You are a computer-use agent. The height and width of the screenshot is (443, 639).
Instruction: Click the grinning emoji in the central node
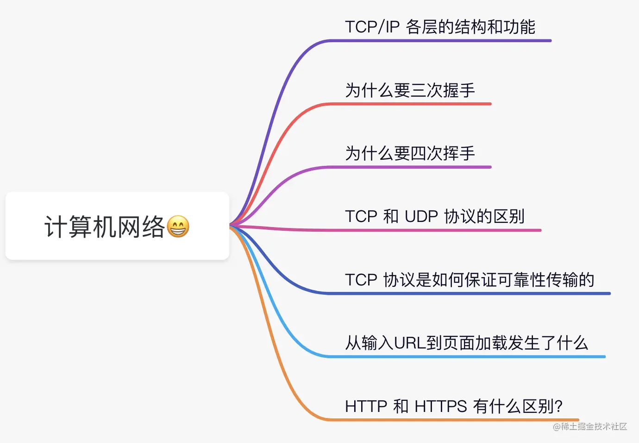click(x=178, y=227)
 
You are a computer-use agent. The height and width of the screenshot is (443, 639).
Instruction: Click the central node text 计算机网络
click(x=105, y=227)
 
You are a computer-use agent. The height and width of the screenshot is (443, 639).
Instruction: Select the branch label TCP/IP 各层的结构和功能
click(x=440, y=27)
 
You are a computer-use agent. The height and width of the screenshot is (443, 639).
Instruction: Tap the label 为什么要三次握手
click(x=410, y=90)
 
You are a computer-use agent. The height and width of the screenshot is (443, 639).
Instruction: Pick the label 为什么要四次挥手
click(x=410, y=153)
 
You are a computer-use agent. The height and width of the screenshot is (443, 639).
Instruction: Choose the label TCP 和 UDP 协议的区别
click(x=434, y=216)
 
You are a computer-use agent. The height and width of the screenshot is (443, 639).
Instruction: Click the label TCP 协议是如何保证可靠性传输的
click(x=469, y=279)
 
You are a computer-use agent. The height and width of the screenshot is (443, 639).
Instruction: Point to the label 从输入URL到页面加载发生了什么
click(x=466, y=343)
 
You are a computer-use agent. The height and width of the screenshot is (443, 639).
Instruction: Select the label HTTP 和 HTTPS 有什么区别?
click(x=453, y=406)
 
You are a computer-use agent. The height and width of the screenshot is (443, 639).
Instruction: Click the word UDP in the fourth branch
click(x=421, y=216)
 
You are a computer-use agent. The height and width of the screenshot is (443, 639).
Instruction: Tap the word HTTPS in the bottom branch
click(x=440, y=406)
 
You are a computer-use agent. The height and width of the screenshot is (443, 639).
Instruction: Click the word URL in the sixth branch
click(x=410, y=343)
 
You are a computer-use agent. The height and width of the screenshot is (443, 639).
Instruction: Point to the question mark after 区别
click(x=558, y=406)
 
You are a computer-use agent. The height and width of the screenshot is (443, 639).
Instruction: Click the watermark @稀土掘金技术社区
click(x=590, y=426)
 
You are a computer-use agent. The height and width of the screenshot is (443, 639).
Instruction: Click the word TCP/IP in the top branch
click(x=372, y=27)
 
